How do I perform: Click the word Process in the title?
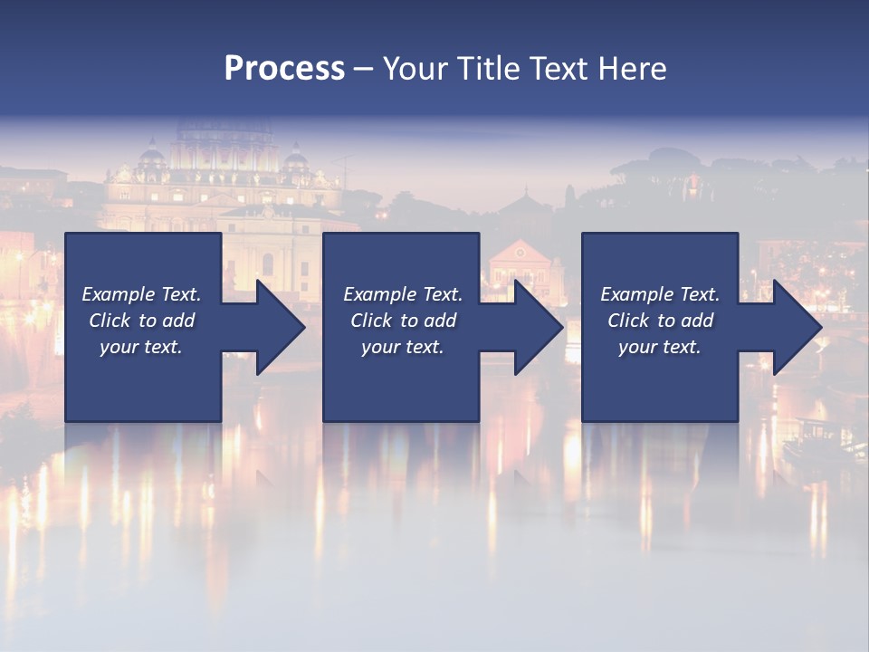click(284, 69)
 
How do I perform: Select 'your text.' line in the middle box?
click(402, 347)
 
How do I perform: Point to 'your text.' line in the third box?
click(659, 347)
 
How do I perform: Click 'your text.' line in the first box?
click(141, 347)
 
